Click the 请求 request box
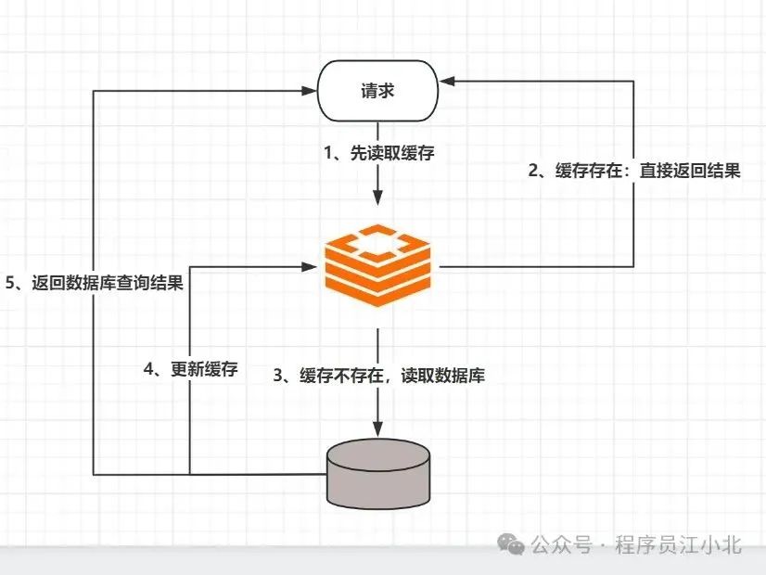[377, 90]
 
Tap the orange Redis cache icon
[378, 265]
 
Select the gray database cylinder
[378, 474]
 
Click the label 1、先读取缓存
[378, 154]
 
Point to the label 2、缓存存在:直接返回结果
[634, 170]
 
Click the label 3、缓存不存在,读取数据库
[378, 376]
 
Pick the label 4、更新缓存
[191, 369]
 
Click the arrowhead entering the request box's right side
[446, 81]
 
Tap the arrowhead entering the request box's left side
[310, 91]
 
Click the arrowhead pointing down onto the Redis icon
[377, 200]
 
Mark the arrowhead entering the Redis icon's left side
[310, 267]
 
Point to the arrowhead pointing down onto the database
[377, 428]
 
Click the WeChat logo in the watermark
[508, 544]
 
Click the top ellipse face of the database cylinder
[378, 454]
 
